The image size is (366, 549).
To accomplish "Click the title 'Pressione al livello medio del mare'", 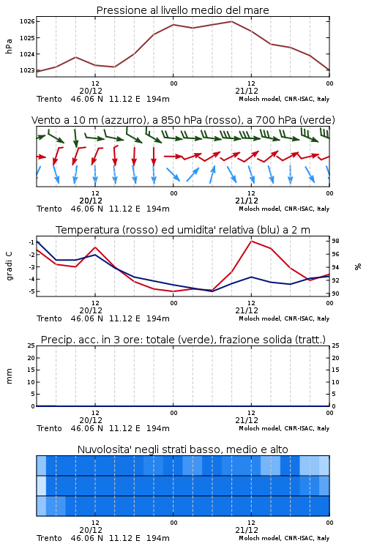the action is coord(182,10).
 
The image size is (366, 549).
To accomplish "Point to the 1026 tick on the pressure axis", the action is coord(27,21).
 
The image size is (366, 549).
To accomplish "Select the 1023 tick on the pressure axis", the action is coord(27,70).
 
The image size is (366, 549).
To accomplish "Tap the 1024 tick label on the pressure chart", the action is coord(27,54).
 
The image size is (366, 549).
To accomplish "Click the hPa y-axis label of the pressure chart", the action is coord(9,46).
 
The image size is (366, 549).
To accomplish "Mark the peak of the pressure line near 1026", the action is coord(232,21).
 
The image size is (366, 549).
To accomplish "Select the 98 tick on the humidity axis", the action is coord(335,241).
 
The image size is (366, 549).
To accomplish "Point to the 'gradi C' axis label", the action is coord(9,266).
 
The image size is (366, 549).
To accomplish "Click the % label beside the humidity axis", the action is coord(358,266).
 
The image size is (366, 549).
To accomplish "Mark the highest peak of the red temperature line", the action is coord(252,241).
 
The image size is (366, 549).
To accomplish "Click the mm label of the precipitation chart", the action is coord(9,376).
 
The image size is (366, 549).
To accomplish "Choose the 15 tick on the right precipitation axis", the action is coord(335,370).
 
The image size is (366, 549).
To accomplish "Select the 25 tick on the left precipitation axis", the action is coord(31,346).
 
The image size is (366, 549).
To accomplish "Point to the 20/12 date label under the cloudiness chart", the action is coord(91,530).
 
